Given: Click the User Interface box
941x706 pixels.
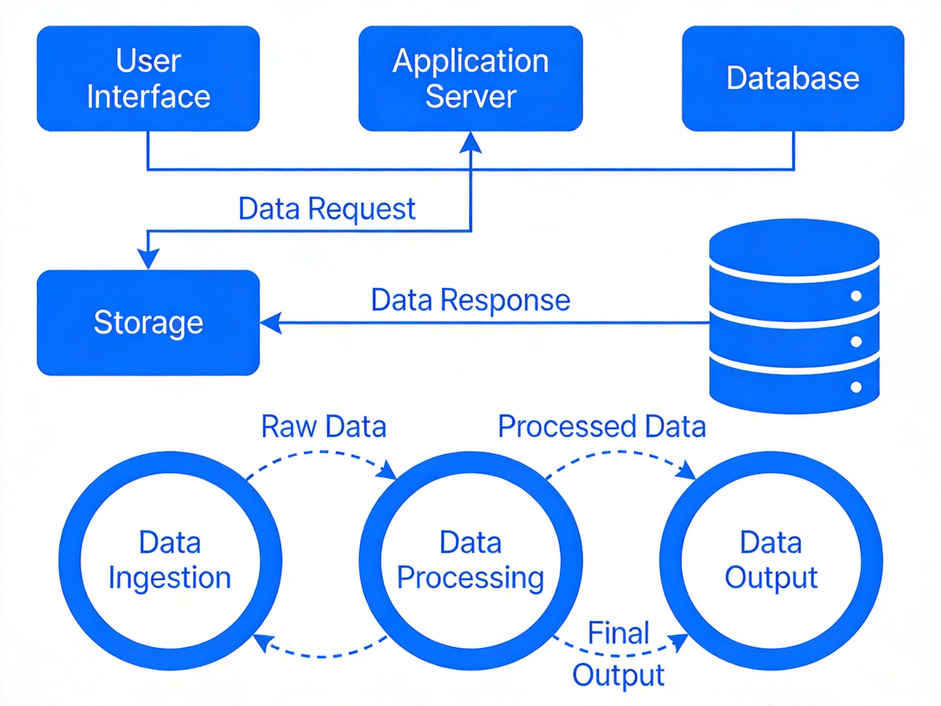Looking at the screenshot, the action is [x=148, y=78].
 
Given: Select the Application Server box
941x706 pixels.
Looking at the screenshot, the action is [x=470, y=78].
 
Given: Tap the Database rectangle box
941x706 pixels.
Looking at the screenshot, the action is [x=793, y=78].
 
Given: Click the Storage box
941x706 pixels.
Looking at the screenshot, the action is [x=148, y=323].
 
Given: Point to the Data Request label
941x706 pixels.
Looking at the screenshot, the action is [x=327, y=209].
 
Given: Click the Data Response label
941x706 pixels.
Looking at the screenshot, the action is [x=470, y=300].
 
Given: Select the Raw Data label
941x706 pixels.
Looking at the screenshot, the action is [x=324, y=427].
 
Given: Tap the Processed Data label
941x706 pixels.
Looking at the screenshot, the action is [x=602, y=427].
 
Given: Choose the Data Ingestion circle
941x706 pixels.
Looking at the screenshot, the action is [x=70, y=561].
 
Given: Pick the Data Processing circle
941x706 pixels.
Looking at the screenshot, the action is [x=370, y=561].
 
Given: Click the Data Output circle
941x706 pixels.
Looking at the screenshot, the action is [x=671, y=561].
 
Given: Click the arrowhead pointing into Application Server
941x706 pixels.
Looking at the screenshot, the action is [x=470, y=142].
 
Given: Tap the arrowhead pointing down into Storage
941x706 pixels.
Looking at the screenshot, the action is [x=148, y=259].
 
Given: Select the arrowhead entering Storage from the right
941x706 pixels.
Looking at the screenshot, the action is [x=270, y=323].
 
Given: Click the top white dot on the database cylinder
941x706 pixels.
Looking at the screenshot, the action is [x=856, y=296].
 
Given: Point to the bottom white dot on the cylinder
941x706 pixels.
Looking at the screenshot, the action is [x=856, y=387].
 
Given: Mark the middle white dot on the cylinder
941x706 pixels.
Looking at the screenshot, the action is [x=856, y=341].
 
